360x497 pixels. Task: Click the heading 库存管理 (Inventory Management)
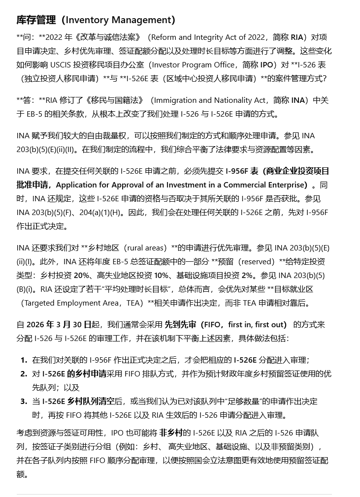tap(96, 20)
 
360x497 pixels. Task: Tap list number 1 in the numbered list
tap(23, 360)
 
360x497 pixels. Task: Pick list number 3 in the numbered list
tap(23, 402)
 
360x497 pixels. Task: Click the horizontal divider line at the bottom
tap(174, 494)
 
